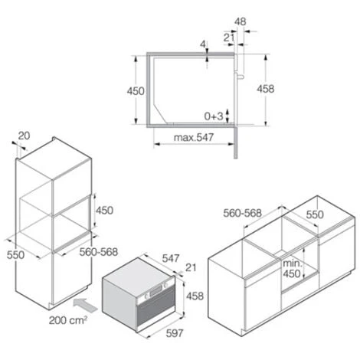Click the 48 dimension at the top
pyautogui.click(x=241, y=21)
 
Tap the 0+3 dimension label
pyautogui.click(x=214, y=116)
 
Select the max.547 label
pyautogui.click(x=194, y=138)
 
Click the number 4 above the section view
pyautogui.click(x=203, y=44)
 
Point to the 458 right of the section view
pyautogui.click(x=266, y=89)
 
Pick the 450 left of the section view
pyautogui.click(x=136, y=91)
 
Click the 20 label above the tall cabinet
pyautogui.click(x=24, y=136)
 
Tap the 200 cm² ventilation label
pyautogui.click(x=68, y=320)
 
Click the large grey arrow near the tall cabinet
pyautogui.click(x=86, y=305)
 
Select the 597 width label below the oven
pyautogui.click(x=175, y=333)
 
